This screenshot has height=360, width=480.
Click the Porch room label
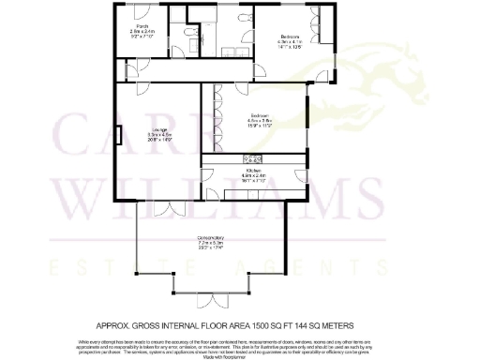(140, 31)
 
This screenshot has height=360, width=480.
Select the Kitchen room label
(253, 173)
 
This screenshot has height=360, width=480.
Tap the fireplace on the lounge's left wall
(118, 136)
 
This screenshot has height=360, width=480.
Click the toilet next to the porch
(191, 37)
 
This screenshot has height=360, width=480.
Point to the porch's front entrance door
(140, 12)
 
